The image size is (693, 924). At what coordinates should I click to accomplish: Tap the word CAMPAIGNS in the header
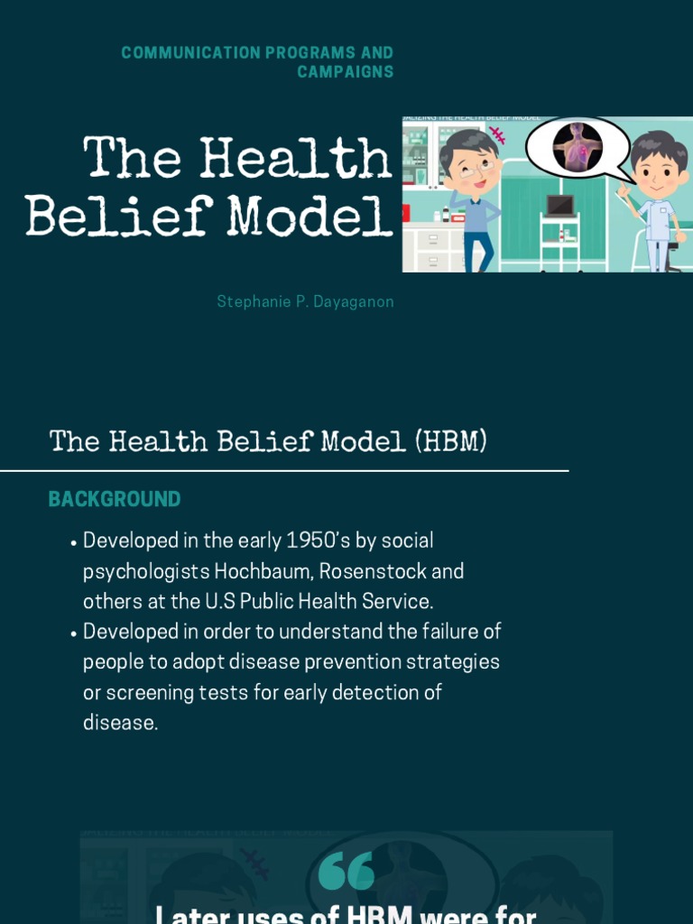(346, 72)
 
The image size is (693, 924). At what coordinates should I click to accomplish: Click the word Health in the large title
(296, 160)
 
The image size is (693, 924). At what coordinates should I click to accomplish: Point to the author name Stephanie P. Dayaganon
(305, 302)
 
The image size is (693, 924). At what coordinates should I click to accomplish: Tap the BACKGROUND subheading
(115, 500)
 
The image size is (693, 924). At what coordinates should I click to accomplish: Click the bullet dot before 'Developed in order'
(72, 634)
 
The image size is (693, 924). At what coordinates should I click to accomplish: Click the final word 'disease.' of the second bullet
(120, 724)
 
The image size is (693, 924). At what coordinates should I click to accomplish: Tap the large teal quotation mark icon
(346, 871)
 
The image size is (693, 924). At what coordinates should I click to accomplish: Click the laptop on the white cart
(559, 205)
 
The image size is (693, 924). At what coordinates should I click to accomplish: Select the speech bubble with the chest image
(577, 147)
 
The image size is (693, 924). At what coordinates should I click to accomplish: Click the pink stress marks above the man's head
(498, 134)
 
